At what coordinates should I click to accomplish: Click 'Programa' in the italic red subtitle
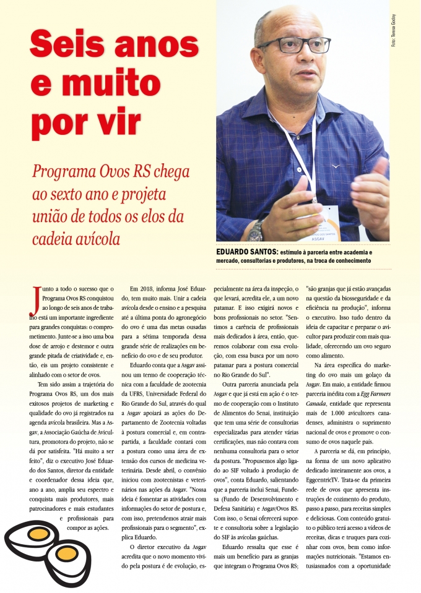pos(61,172)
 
